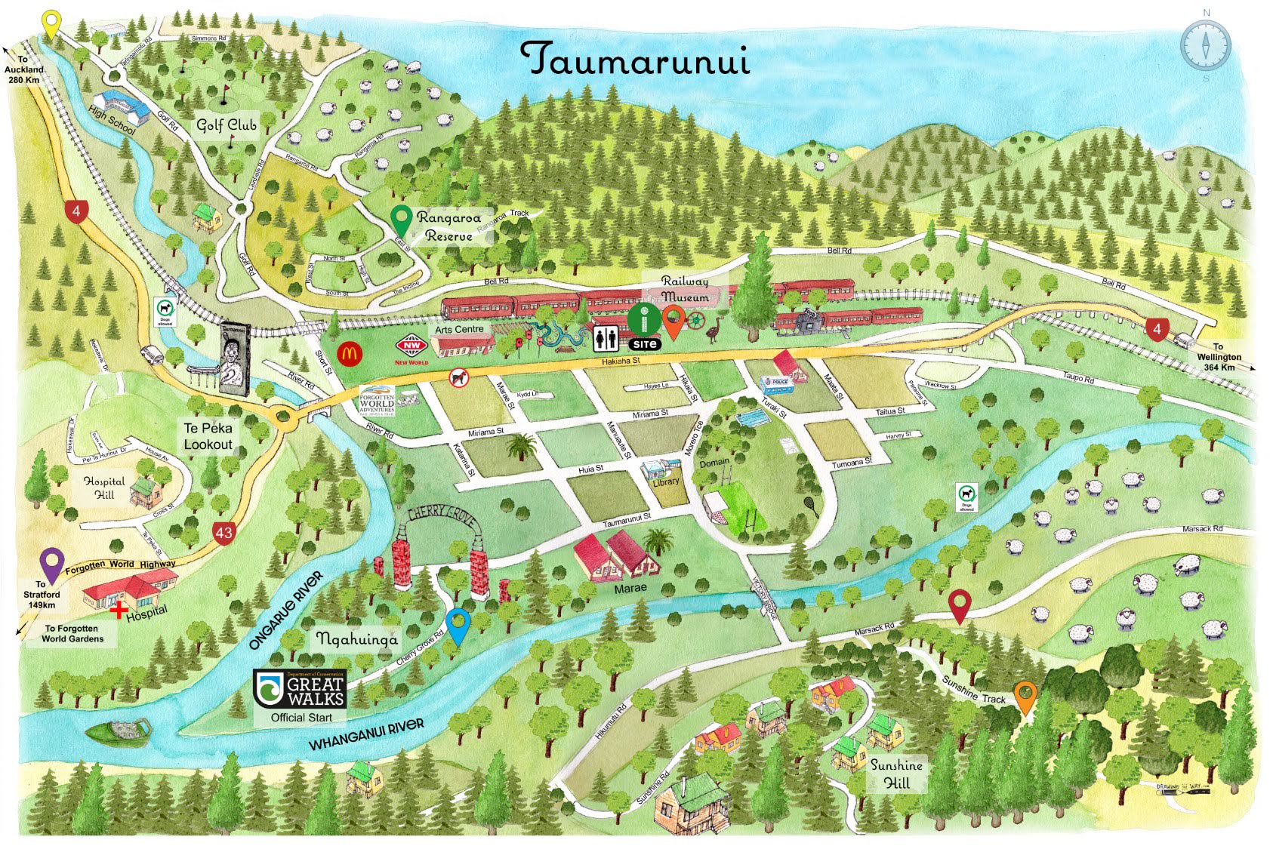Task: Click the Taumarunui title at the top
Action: click(x=636, y=59)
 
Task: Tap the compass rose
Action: click(x=1206, y=45)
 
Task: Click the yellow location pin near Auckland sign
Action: click(x=51, y=24)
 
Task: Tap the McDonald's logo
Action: click(x=350, y=352)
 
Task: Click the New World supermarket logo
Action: click(x=411, y=347)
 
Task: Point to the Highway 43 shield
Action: click(x=223, y=532)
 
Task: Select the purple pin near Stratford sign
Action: click(x=51, y=564)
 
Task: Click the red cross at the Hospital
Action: click(x=118, y=610)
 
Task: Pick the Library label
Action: click(x=665, y=481)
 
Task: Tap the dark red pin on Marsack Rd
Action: click(x=959, y=604)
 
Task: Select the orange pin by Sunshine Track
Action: click(x=1025, y=694)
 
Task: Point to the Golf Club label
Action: click(x=227, y=125)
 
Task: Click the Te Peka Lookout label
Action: click(x=208, y=436)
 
